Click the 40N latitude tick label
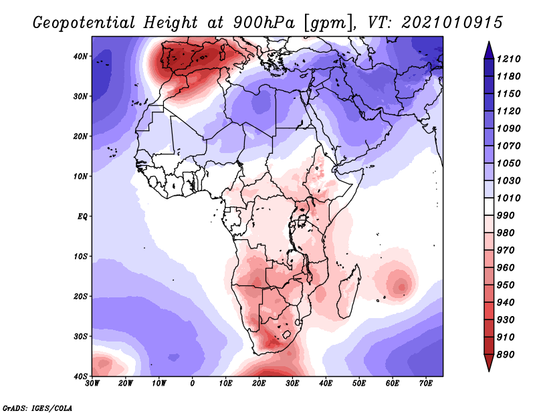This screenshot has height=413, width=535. tap(80, 56)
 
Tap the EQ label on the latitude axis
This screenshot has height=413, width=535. tap(82, 217)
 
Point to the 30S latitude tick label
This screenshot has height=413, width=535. tap(80, 336)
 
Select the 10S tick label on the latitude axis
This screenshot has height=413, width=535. tap(80, 256)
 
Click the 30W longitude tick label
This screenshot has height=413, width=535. tap(92, 384)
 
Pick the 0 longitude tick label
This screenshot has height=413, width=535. tap(192, 384)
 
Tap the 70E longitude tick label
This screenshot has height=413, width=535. tap(425, 384)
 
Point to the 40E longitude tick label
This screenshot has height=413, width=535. tap(326, 384)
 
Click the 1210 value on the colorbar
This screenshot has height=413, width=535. tap(508, 59)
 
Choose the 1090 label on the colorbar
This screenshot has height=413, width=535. tap(508, 128)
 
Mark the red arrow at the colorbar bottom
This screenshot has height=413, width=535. tap(489, 362)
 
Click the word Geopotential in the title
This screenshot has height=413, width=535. tap(84, 23)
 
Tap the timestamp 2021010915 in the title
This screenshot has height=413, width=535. tap(452, 23)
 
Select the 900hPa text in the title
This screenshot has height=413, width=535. tap(263, 23)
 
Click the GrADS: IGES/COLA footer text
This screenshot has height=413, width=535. tap(37, 408)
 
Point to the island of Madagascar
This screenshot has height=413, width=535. tap(348, 291)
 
